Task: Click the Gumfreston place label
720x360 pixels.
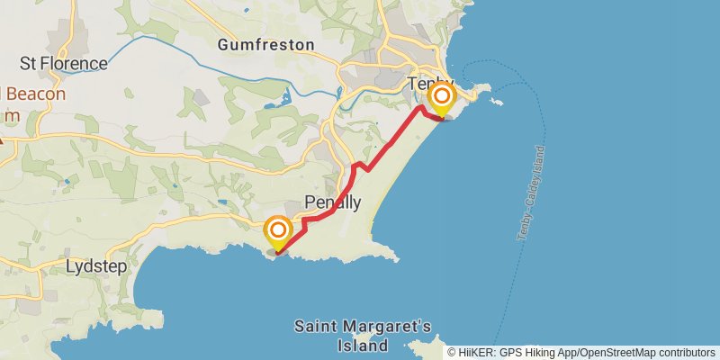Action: coord(265,44)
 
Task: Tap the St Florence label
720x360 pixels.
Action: coord(64,64)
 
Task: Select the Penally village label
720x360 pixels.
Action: coord(333,202)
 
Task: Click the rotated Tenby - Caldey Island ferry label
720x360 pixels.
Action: coord(531,193)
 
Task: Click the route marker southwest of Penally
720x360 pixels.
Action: coord(278,230)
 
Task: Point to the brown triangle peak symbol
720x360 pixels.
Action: coord(3,139)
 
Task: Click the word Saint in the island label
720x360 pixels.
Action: coord(314,326)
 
